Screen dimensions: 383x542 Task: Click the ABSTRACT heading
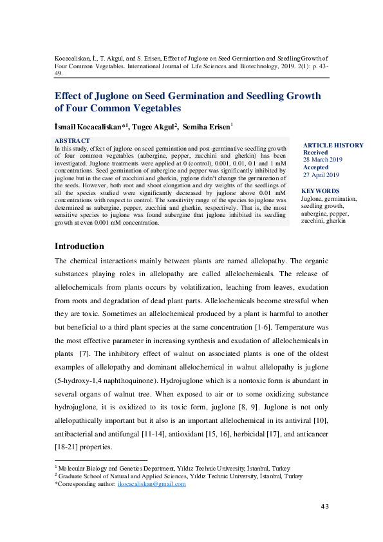coord(72,140)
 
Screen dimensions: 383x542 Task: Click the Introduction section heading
coord(79,247)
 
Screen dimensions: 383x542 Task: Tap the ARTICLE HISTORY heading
coord(333,145)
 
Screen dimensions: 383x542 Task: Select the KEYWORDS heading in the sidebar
coord(320,191)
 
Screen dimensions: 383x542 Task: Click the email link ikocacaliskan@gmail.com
coord(154,484)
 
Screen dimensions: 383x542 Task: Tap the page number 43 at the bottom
coord(324,507)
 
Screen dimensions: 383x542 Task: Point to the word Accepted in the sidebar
coord(316,167)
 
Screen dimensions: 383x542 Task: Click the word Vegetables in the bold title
coord(150,108)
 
